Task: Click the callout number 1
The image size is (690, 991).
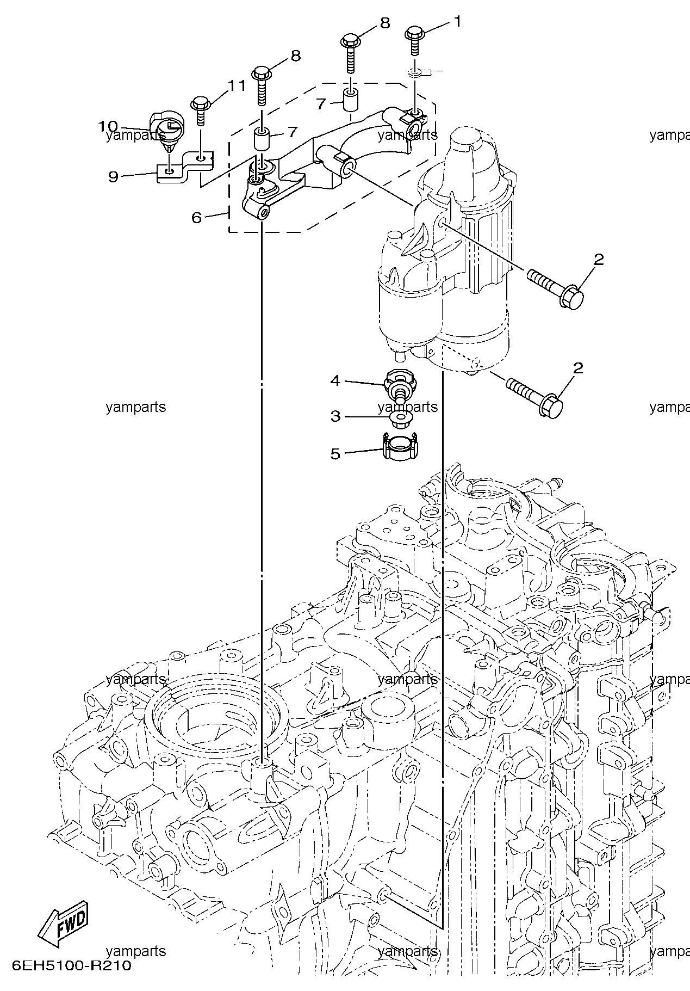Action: pos(457,22)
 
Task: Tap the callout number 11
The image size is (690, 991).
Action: pos(237,85)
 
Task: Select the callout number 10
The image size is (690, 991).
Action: pos(109,126)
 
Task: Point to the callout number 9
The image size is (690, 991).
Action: pos(113,176)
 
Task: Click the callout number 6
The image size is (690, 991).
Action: pos(197,218)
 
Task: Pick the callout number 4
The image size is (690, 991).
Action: pos(335,380)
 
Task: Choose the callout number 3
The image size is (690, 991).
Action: pos(335,416)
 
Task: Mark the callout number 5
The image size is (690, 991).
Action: pos(335,453)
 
